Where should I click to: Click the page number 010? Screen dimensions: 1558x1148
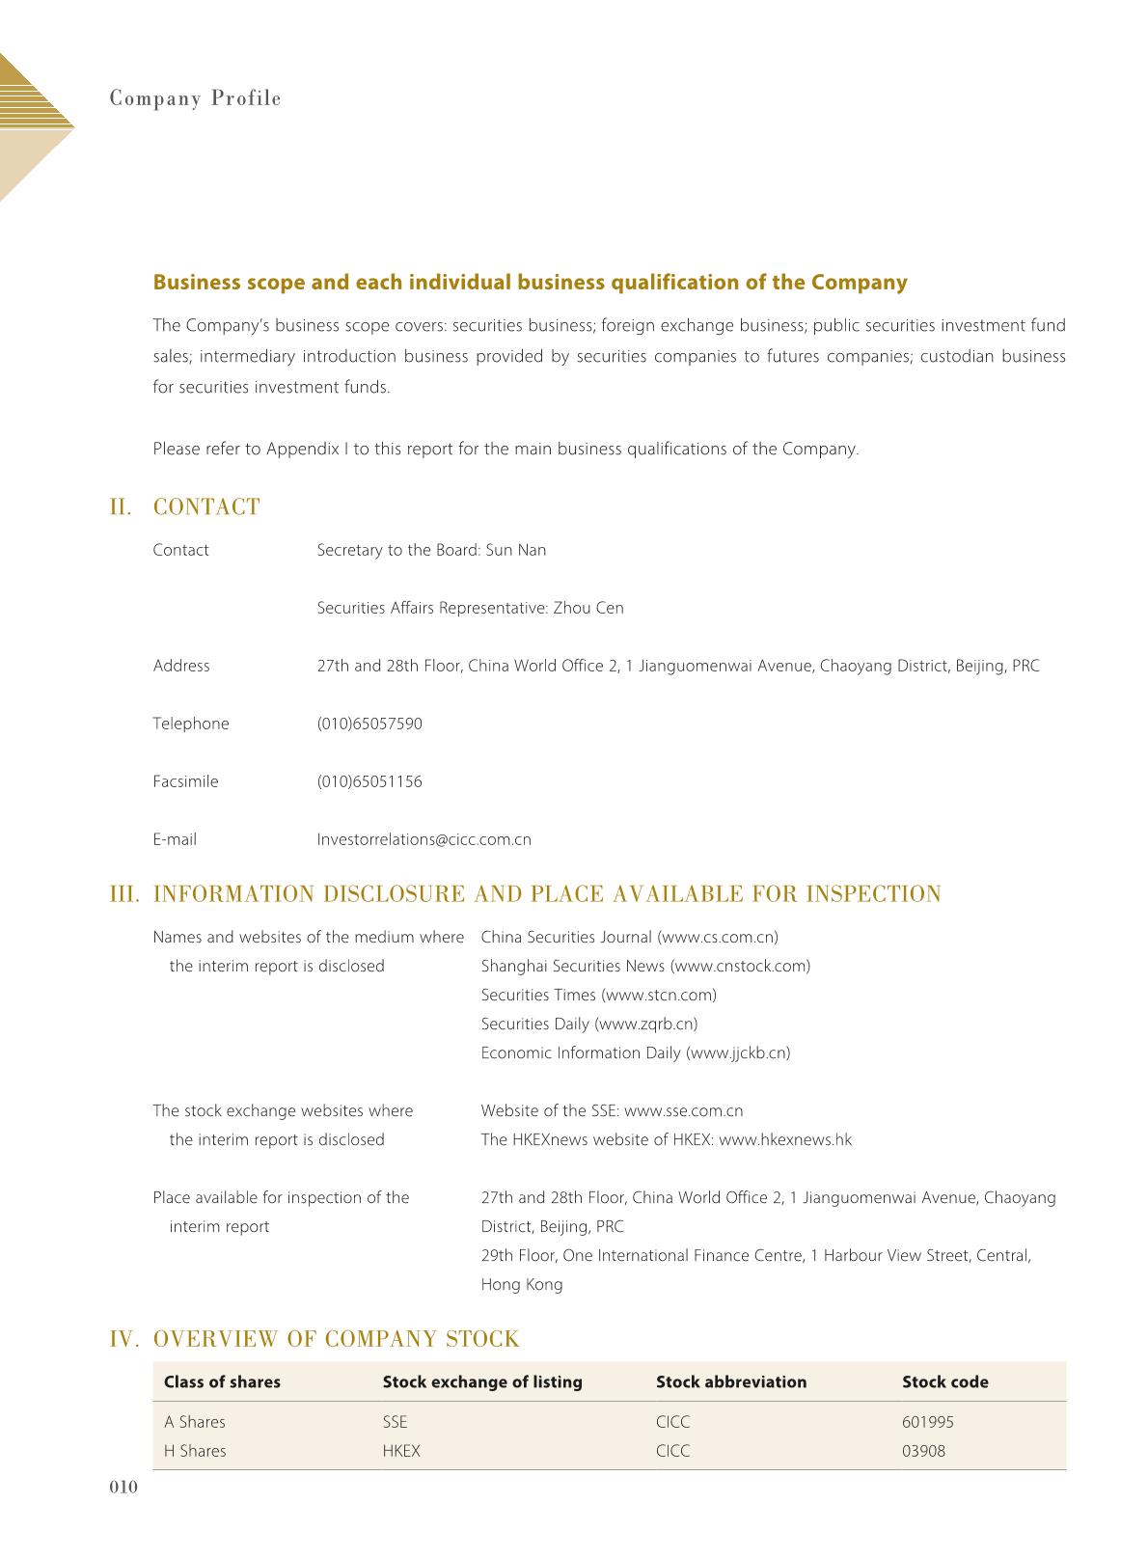point(123,1488)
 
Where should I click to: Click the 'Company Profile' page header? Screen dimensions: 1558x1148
point(195,98)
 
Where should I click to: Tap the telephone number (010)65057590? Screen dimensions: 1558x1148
point(369,724)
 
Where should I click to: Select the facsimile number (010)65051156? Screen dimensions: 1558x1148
point(369,781)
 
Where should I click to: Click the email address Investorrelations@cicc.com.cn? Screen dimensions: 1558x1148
point(424,839)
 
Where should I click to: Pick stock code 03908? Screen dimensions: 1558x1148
point(923,1451)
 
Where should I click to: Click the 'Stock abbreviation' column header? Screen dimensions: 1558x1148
point(730,1381)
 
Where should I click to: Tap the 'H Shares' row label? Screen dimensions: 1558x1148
point(195,1451)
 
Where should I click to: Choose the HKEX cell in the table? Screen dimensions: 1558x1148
point(401,1451)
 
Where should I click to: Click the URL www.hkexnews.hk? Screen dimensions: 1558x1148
point(785,1139)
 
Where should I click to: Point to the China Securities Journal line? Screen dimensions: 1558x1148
point(629,937)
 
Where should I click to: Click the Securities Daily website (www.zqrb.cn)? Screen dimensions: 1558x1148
point(645,1024)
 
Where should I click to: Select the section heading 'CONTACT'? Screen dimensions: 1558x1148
point(206,507)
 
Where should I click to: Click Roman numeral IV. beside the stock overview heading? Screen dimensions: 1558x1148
point(126,1339)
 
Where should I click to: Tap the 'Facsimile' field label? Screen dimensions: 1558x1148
point(185,781)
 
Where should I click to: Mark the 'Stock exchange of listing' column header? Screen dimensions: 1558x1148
point(482,1381)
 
